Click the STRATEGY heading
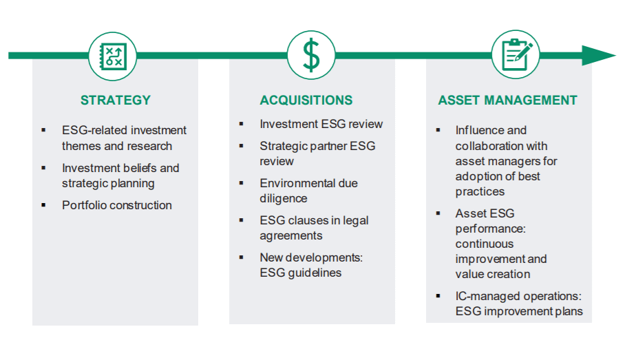116,100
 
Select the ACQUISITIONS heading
306,100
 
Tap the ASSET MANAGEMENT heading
507,100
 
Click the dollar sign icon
311,55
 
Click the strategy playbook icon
113,56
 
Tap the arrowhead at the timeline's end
599,55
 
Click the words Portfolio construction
117,205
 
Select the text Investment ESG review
321,124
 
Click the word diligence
283,198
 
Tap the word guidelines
315,273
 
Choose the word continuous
485,244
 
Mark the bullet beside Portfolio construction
43,205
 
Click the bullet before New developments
242,257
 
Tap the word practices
480,191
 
